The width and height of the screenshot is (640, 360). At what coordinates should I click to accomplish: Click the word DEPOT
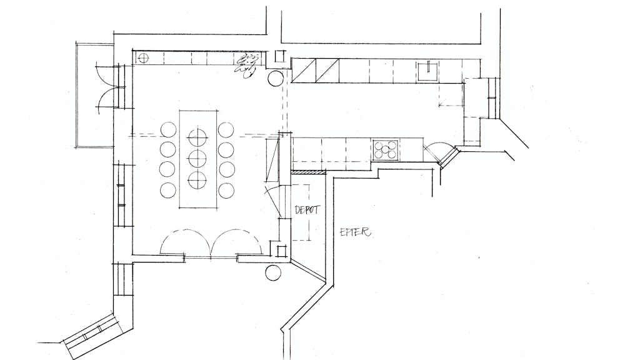pos(307,210)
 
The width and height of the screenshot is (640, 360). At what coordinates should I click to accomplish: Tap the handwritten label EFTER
pos(356,232)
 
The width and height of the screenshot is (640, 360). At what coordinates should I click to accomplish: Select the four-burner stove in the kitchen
pos(386,149)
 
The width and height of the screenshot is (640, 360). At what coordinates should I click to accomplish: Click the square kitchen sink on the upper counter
pos(427,70)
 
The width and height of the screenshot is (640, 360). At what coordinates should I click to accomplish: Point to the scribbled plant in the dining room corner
pos(247,65)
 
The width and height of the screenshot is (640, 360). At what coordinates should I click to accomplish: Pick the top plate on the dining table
pos(197,137)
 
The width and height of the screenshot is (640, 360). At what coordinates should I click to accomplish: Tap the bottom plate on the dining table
pos(197,179)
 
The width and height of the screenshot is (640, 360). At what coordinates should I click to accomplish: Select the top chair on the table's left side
pos(168,130)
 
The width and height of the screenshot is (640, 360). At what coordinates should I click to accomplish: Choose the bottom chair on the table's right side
pos(226,190)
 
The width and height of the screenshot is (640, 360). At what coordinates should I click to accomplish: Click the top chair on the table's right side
pos(226,130)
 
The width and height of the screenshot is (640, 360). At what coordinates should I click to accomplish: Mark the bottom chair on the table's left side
pos(167,190)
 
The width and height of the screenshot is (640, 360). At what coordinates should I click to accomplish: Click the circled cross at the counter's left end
pos(143,58)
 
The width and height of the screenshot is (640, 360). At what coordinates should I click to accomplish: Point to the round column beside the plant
pos(276,78)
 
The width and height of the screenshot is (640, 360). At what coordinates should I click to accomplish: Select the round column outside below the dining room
pos(273,272)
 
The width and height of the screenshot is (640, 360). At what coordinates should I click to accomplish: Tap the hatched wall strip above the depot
pos(308,172)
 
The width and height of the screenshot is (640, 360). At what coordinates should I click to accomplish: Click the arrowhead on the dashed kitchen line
pos(441,105)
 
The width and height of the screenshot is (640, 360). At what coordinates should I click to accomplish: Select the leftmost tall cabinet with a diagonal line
pos(304,71)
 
